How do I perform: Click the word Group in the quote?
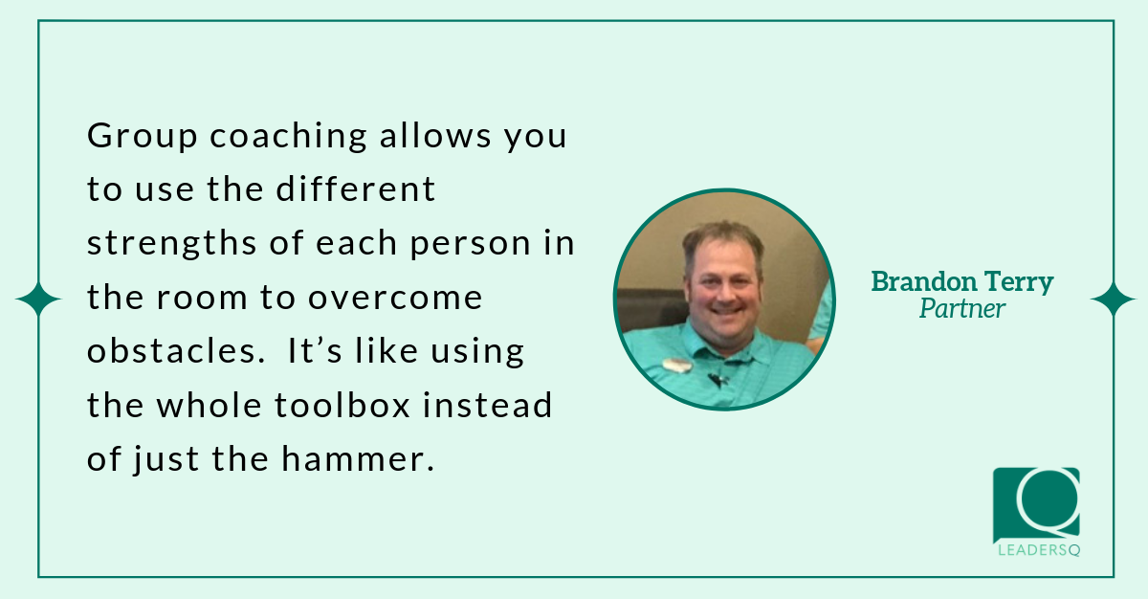(142, 136)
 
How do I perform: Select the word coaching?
(289, 136)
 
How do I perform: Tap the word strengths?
(171, 243)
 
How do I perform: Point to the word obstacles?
(175, 351)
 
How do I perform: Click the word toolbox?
(342, 405)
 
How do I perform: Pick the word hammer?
(358, 458)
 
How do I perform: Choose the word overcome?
(395, 298)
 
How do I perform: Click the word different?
(356, 189)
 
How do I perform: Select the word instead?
(487, 405)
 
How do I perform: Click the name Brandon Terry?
(962, 282)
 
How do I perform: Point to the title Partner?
(962, 309)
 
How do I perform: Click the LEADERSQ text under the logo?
(1039, 550)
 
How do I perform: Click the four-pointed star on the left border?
(38, 299)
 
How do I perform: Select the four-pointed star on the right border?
(1113, 299)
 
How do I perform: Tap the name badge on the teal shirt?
(676, 365)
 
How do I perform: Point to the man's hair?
(722, 238)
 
